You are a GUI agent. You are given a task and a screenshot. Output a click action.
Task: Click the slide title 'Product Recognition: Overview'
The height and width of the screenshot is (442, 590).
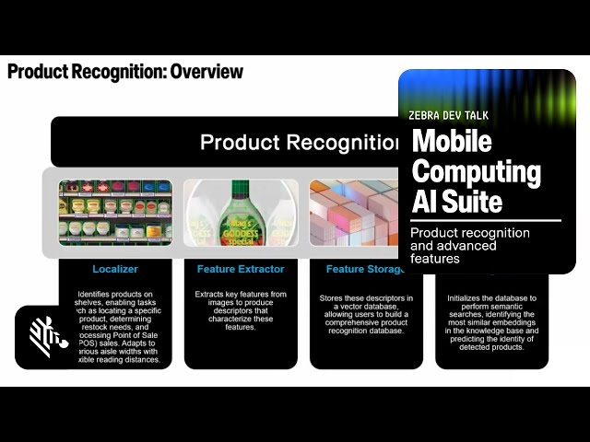[125, 71]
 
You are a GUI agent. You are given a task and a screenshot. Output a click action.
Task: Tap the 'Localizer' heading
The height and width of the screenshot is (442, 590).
[114, 269]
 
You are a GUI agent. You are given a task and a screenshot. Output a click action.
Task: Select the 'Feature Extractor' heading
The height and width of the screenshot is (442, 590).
[241, 269]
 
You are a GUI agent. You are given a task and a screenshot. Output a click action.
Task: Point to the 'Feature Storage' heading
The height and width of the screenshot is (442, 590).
[364, 269]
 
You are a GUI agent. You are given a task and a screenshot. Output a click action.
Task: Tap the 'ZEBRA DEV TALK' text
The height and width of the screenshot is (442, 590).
[448, 116]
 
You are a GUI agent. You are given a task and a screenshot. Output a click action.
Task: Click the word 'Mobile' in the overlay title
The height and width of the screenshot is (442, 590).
[452, 141]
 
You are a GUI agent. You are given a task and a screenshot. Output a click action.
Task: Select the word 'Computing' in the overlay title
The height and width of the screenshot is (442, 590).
[476, 170]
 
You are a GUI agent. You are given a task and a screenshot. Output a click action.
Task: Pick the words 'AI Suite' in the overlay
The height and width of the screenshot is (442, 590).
[457, 201]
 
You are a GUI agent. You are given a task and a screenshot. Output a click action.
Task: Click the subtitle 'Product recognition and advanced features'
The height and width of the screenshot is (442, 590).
[470, 246]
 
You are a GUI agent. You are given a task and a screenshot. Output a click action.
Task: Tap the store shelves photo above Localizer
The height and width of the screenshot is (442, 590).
[115, 213]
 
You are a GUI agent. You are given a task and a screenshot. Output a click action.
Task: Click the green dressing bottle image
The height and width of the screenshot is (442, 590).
[241, 213]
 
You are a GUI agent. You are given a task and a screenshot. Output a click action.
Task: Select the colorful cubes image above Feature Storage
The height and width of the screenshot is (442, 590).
[355, 213]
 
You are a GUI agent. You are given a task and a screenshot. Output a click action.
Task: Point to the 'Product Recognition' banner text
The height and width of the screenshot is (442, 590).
[300, 143]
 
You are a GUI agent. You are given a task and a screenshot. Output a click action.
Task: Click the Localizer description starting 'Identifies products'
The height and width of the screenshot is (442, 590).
[116, 327]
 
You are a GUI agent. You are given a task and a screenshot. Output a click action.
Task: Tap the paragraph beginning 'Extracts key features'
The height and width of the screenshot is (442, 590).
[241, 310]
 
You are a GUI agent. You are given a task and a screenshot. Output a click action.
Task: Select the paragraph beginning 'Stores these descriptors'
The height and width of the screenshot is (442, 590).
[365, 314]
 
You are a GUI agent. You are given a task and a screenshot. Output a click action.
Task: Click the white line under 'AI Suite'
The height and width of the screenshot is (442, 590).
[485, 220]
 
